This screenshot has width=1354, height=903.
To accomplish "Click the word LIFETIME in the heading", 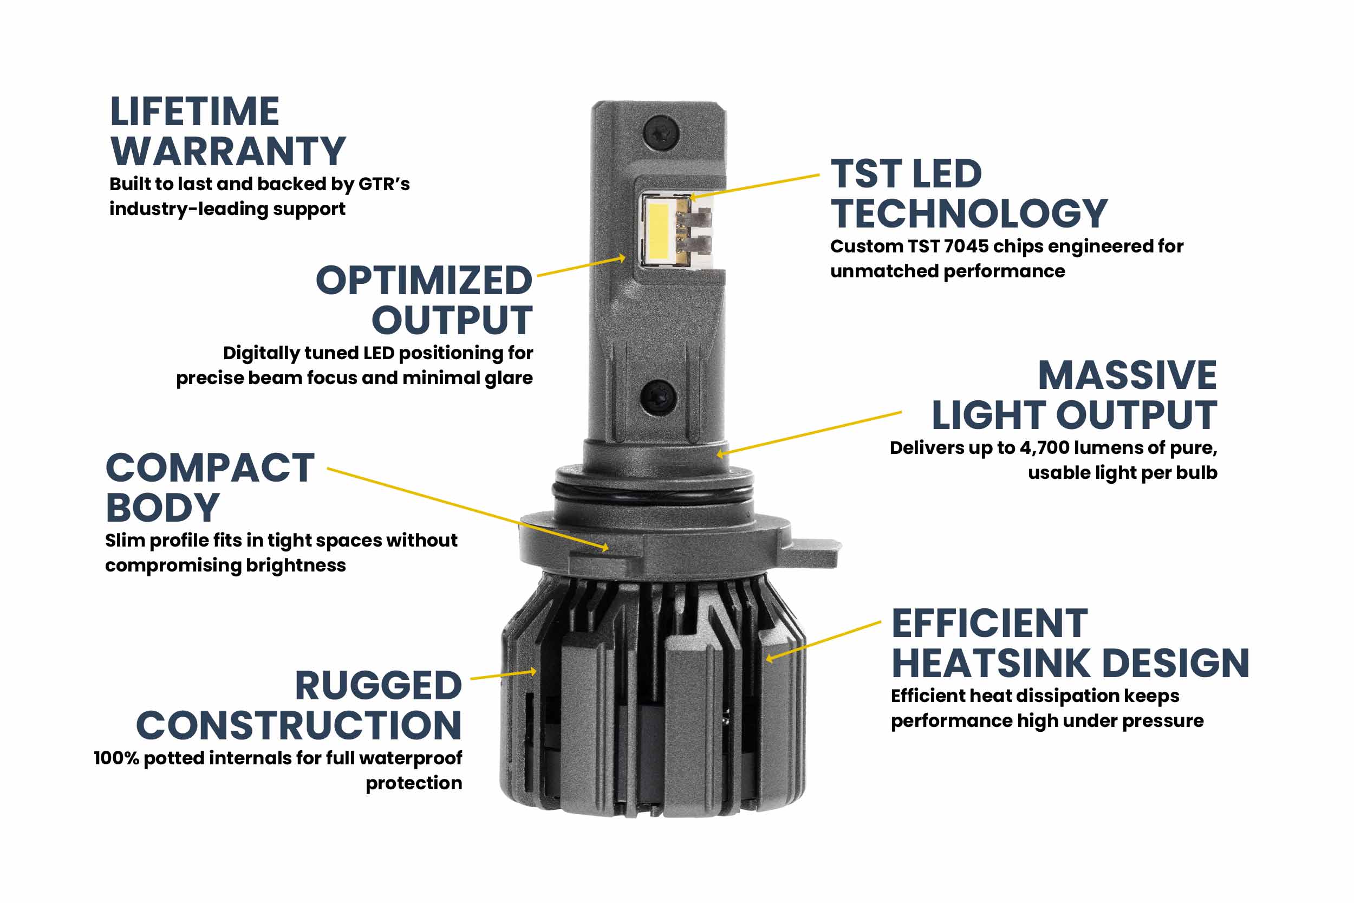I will (x=194, y=112).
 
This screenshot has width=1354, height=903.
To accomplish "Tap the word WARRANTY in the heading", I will (x=228, y=152).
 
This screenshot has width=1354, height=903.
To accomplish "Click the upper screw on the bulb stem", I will (x=661, y=133).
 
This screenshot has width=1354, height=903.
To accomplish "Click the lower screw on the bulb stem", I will (x=659, y=397).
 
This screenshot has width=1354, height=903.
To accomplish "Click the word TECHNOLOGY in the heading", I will (x=969, y=213).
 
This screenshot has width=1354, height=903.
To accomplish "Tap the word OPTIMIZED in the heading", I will (x=424, y=281).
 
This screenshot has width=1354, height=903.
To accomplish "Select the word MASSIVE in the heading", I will (x=1127, y=375).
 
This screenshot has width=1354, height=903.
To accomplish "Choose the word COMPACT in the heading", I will (x=210, y=467).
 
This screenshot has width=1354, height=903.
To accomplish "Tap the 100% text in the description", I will (x=117, y=758).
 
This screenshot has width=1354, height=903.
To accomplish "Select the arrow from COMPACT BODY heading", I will (x=466, y=507).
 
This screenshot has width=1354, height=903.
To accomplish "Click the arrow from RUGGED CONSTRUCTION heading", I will (x=503, y=674).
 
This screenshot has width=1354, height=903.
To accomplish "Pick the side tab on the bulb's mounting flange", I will (x=812, y=551).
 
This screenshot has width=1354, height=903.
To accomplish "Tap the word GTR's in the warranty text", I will (x=384, y=184).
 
